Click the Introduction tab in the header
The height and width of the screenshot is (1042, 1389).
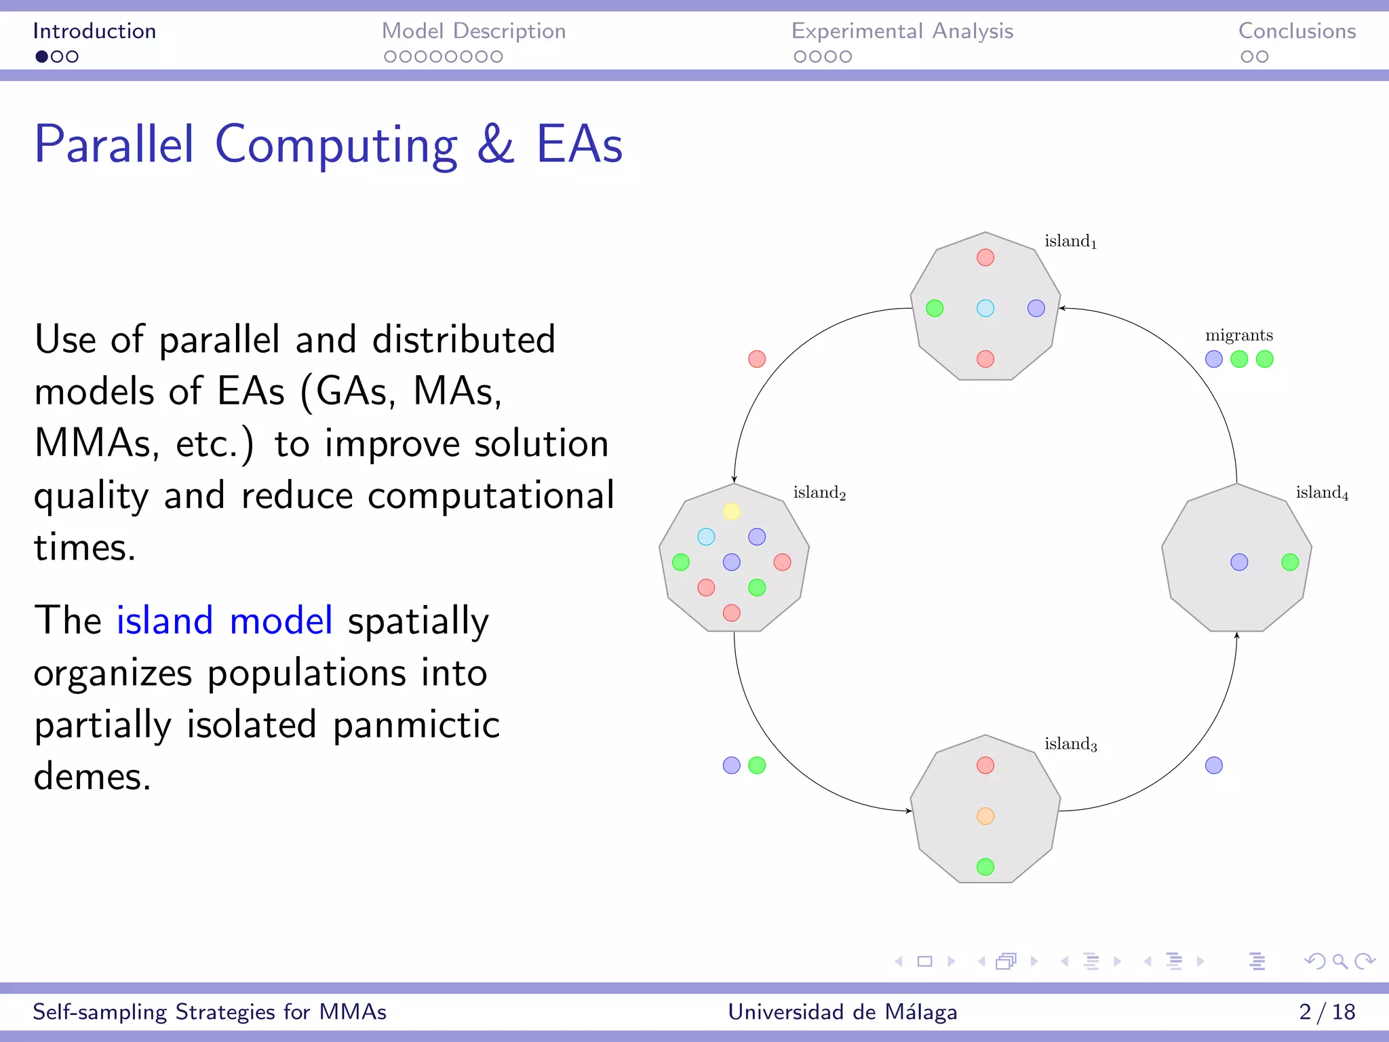coord(94,31)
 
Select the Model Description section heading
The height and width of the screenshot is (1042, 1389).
coord(473,31)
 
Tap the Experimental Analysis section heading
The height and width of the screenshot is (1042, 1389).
coord(902,31)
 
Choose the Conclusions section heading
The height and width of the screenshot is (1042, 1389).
coord(1297,31)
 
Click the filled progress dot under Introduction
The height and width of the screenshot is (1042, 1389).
coord(42,57)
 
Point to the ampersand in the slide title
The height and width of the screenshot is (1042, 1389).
coord(496,144)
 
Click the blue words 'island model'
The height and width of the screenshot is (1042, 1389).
coord(224,620)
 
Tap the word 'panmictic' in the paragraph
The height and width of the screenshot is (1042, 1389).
coord(416,725)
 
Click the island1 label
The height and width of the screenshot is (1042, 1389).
coord(1070,242)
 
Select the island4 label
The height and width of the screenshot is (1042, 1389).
coord(1322,493)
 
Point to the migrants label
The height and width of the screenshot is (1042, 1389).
coord(1239,335)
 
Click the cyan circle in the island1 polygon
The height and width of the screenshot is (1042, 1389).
coord(985,309)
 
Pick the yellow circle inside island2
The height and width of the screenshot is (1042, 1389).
coord(731,512)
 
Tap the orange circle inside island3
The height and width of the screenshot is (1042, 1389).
coord(985,816)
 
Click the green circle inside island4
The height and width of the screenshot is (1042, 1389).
coord(1290,562)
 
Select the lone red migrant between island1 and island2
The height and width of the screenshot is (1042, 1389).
coord(757,359)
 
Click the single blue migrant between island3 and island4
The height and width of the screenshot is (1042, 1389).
coord(1214,765)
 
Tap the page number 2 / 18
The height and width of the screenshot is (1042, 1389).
coord(1327,1011)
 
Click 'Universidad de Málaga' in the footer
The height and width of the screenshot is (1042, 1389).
coord(842,1011)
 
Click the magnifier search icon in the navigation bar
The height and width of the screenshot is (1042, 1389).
coord(1339,961)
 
